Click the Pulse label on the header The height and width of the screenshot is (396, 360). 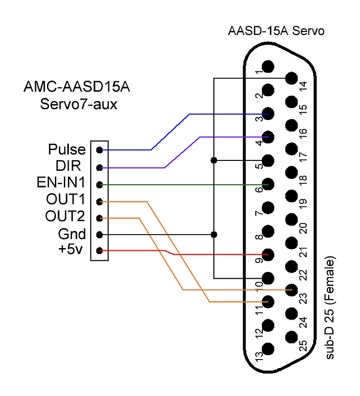pyautogui.click(x=67, y=149)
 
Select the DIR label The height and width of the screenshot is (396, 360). pyautogui.click(x=68, y=166)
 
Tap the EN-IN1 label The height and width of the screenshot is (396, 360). pyautogui.click(x=62, y=183)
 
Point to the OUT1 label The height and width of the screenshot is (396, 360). pyautogui.click(x=65, y=200)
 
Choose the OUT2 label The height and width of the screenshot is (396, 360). pyautogui.click(x=65, y=217)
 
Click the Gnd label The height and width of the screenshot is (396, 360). pyautogui.click(x=72, y=234)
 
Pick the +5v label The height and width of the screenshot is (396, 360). pyautogui.click(x=71, y=250)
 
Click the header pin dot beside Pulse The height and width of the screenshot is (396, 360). pyautogui.click(x=99, y=150)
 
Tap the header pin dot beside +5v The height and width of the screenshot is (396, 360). pyautogui.click(x=99, y=251)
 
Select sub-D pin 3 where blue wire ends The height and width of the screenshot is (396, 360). pyautogui.click(x=268, y=113)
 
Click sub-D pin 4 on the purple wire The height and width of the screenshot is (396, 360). pyautogui.click(x=268, y=137)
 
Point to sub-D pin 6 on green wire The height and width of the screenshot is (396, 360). pyautogui.click(x=268, y=184)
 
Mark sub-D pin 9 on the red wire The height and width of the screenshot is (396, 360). pyautogui.click(x=268, y=254)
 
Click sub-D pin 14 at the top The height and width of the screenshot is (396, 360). pyautogui.click(x=292, y=78)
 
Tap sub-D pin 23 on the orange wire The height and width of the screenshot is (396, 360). pyautogui.click(x=292, y=290)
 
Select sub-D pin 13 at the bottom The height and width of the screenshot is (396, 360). pyautogui.click(x=268, y=348)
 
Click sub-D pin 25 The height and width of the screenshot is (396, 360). pyautogui.click(x=292, y=337)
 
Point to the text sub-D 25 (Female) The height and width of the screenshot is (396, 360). pyautogui.click(x=331, y=308)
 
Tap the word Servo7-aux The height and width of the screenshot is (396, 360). pyautogui.click(x=79, y=104)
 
